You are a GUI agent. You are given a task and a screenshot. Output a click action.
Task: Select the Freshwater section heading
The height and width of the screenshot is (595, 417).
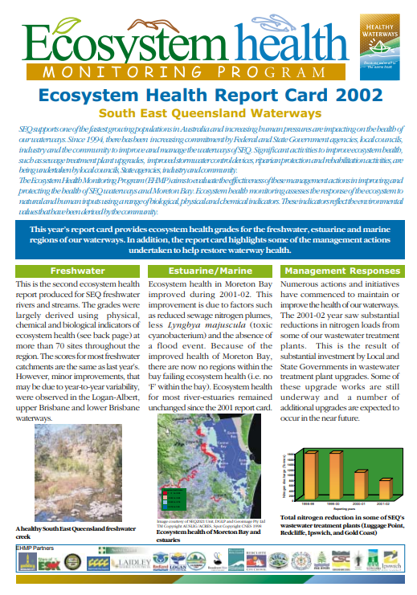77,271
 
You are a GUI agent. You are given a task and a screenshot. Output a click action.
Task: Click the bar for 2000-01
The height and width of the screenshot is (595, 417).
361,484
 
